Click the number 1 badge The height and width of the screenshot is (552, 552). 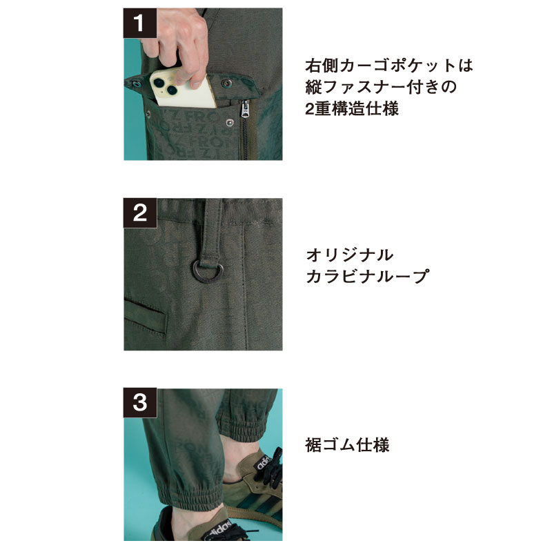140,23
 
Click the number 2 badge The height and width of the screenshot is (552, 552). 140,213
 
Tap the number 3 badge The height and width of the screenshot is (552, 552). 140,403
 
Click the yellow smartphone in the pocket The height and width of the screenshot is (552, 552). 182,89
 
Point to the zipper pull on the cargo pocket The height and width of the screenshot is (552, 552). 245,108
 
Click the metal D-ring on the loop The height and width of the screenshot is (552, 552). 208,271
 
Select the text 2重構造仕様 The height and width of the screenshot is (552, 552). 352,108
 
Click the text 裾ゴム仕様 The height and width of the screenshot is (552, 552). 348,445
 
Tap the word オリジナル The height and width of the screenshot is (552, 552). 350,255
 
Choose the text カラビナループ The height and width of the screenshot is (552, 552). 368,277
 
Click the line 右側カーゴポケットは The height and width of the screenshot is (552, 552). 389,66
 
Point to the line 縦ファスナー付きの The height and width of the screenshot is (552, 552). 381,87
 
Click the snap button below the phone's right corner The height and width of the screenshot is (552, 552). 230,123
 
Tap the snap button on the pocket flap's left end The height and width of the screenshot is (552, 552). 136,83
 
